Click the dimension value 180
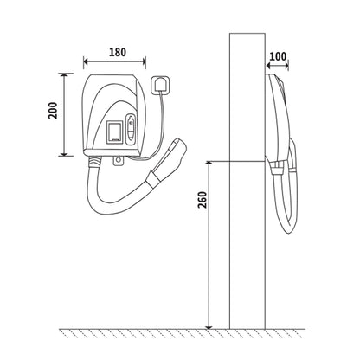pyautogui.click(x=118, y=52)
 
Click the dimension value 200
pyautogui.click(x=53, y=110)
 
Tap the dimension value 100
pyautogui.click(x=278, y=56)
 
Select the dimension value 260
pyautogui.click(x=202, y=200)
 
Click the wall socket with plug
pyautogui.click(x=160, y=85)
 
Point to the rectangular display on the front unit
pyautogui.click(x=115, y=132)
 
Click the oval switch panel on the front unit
pyautogui.click(x=131, y=129)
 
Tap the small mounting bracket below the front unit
pyautogui.click(x=118, y=161)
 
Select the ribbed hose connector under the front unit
pyautogui.click(x=94, y=162)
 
